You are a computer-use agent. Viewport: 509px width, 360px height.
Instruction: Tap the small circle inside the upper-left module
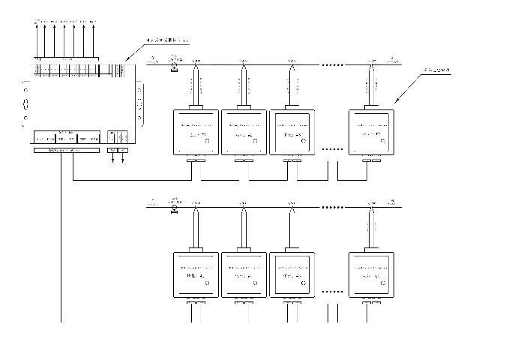point(207,140)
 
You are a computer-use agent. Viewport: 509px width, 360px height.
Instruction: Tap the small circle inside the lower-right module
point(384,283)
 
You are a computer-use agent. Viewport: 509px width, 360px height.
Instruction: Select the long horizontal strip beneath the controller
point(66,150)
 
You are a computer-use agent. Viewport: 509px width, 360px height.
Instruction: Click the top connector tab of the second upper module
point(244,107)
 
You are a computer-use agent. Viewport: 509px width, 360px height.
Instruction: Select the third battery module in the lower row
point(292,274)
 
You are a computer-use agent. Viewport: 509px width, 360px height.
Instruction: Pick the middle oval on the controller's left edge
point(25,103)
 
